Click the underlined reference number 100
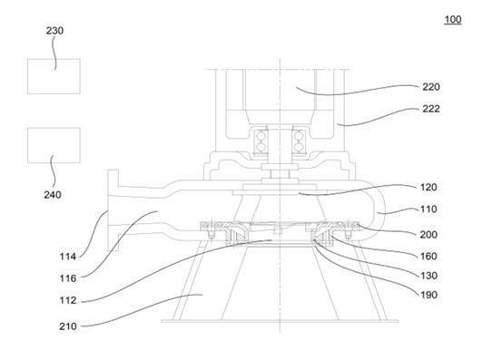[453, 19]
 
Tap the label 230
[54, 31]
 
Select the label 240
[53, 195]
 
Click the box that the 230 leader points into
[54, 76]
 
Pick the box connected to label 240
[54, 145]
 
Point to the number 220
[431, 87]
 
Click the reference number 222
[431, 109]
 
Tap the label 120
[428, 188]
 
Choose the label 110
[428, 209]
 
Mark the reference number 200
[428, 235]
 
